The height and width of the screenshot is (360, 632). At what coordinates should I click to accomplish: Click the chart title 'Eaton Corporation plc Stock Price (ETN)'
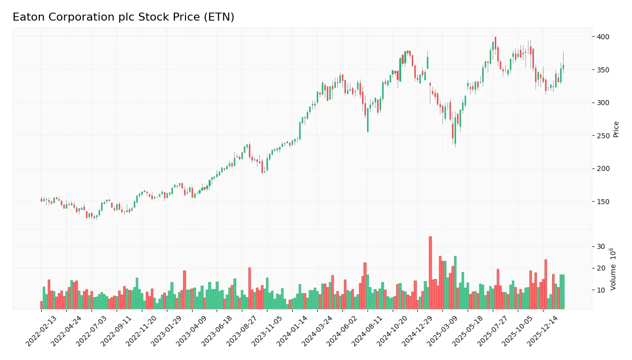(123, 17)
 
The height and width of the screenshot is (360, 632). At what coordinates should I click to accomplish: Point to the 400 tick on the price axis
(603, 37)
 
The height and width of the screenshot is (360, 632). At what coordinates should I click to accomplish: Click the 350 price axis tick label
(603, 70)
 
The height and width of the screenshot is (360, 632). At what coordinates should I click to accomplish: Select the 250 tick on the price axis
(603, 136)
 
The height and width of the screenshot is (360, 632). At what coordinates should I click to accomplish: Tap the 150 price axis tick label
(603, 202)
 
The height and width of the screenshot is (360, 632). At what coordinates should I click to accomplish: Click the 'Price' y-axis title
(616, 129)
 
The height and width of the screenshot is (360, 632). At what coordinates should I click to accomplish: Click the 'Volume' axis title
(613, 269)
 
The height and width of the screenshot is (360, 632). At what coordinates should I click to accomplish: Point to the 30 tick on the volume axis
(601, 246)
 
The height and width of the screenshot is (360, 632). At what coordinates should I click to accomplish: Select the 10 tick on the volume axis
(601, 290)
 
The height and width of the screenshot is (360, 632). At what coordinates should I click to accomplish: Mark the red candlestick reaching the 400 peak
(495, 43)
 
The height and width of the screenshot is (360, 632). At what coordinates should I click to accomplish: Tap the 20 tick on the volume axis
(601, 268)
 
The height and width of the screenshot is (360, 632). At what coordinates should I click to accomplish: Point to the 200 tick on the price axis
(603, 168)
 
